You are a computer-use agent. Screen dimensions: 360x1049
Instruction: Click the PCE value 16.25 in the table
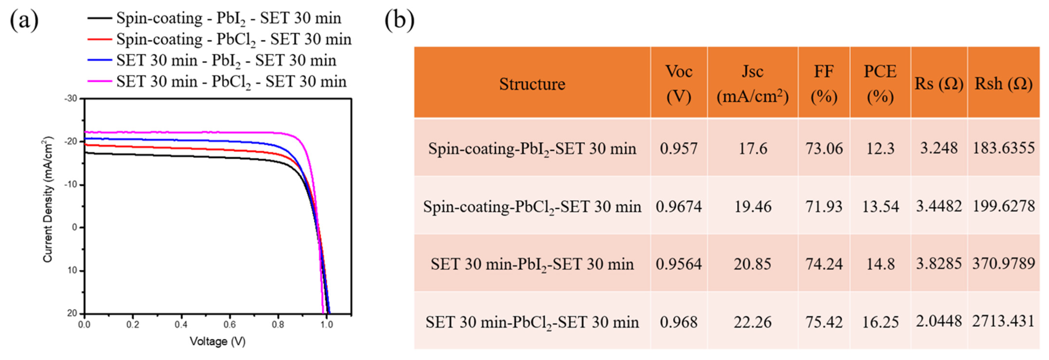point(880,322)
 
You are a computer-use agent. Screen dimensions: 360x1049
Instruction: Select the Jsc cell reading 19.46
point(752,206)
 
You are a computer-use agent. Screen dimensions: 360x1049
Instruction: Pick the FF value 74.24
point(824,264)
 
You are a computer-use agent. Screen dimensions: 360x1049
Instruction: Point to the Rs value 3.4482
point(939,206)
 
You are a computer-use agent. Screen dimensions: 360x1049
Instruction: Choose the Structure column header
point(532,84)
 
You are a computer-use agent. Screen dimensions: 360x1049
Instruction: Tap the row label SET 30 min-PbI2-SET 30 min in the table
point(532,264)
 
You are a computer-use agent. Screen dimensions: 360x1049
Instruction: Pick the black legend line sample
point(99,18)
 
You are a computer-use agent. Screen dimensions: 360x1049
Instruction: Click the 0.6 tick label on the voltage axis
point(229,325)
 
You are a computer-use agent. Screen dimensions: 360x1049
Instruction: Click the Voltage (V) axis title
point(218,341)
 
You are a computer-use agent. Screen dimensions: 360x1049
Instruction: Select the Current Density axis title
point(48,200)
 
